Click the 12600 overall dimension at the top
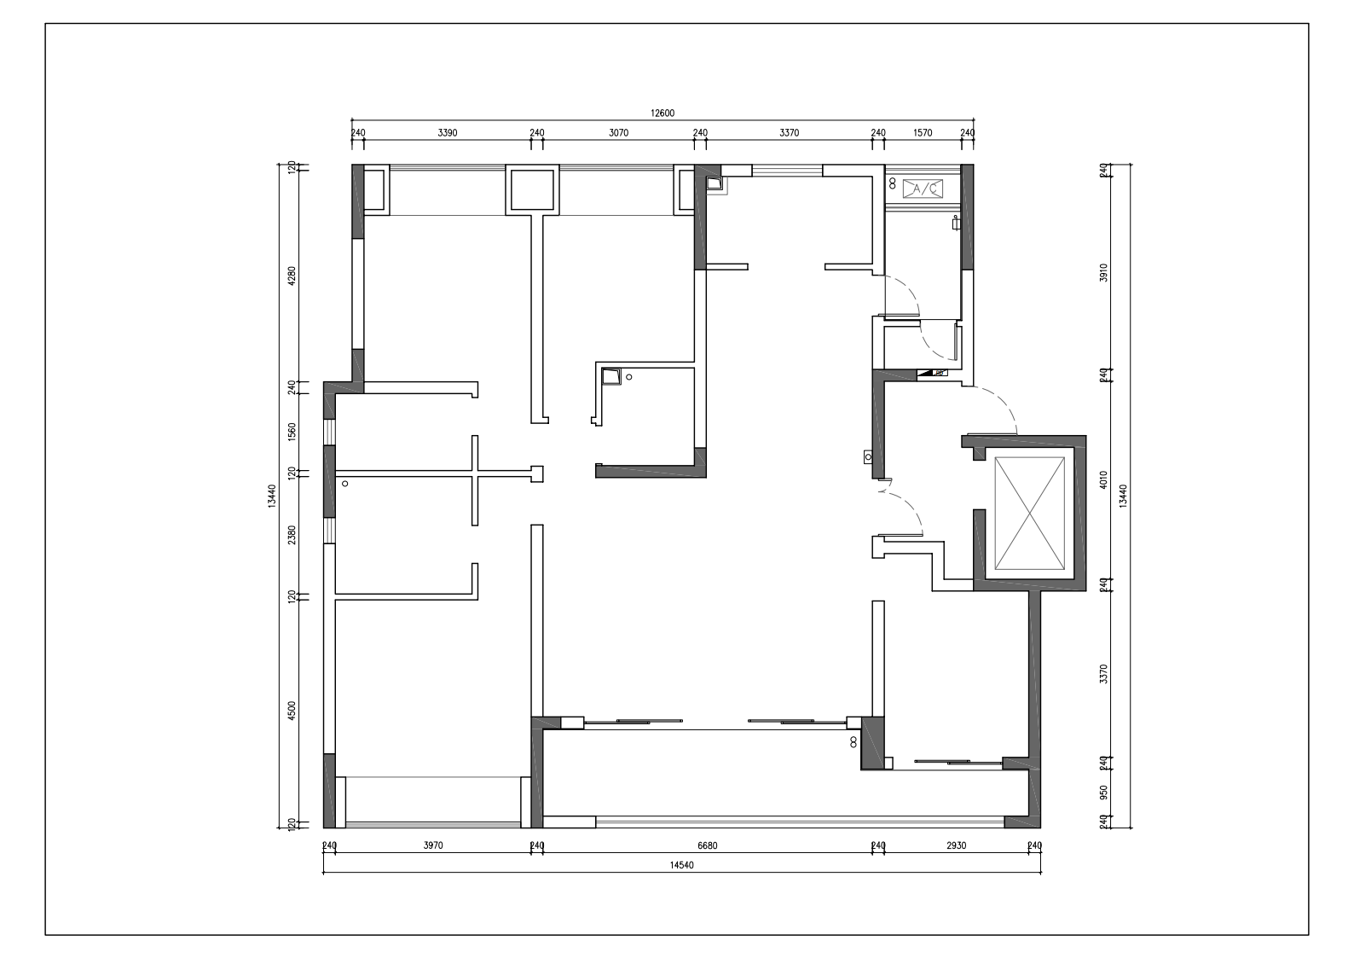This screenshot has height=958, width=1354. tap(663, 113)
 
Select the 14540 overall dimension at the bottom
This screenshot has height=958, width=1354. tap(682, 865)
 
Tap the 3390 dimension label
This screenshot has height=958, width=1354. tap(448, 132)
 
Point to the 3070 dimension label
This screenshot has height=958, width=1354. tap(618, 132)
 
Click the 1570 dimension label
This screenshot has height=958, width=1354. tap(923, 132)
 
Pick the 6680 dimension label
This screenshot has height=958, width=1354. tap(707, 845)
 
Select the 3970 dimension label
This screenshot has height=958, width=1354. tap(433, 845)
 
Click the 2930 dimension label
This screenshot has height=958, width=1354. tap(957, 845)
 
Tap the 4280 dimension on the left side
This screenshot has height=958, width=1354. tap(292, 276)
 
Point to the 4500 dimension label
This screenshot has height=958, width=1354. tap(292, 711)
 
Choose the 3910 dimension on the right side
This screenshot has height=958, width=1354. tap(1104, 273)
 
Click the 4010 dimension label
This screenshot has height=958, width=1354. tap(1104, 479)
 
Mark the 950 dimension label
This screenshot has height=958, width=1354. tap(1104, 793)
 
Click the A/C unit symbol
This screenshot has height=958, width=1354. tap(923, 189)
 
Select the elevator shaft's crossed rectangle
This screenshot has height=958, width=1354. tap(1029, 513)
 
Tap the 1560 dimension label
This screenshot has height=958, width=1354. tap(292, 432)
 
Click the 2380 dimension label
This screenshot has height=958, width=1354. tap(292, 535)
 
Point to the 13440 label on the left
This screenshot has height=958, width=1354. tap(272, 496)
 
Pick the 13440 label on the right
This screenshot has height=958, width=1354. tap(1123, 496)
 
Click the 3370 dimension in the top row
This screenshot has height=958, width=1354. tap(789, 132)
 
